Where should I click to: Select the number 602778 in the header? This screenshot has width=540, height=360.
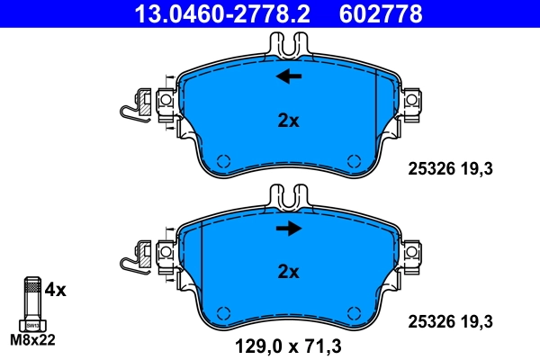[379, 13]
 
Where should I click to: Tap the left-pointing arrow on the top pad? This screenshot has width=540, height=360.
[289, 76]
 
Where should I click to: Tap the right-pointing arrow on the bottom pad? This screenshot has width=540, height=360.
[289, 229]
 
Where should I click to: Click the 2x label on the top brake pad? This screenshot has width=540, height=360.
[288, 121]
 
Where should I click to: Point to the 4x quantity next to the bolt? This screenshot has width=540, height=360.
[56, 290]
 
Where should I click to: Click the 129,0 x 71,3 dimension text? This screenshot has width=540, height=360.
[288, 344]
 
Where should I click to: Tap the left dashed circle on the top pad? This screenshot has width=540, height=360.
[224, 162]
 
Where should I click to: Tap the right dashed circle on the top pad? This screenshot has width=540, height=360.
[352, 162]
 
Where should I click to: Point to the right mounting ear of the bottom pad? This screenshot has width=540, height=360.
[412, 250]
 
